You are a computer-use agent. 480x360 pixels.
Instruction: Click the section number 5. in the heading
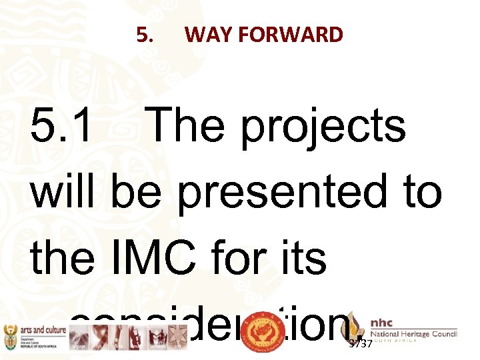(x=145, y=35)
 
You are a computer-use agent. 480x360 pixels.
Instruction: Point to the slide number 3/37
(x=361, y=344)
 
